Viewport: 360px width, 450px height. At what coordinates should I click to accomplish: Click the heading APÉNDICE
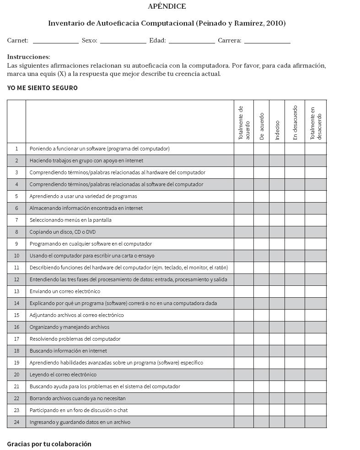click(x=167, y=6)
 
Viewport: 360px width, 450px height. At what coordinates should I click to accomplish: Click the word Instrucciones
click(x=28, y=57)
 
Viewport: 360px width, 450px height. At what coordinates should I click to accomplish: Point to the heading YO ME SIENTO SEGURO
click(x=42, y=88)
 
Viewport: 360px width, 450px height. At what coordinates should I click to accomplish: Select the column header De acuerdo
click(x=262, y=126)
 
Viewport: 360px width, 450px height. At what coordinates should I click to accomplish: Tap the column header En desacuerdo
click(x=295, y=123)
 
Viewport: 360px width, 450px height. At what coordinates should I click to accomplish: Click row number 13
click(x=16, y=291)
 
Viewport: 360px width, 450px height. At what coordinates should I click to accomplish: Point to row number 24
click(x=16, y=422)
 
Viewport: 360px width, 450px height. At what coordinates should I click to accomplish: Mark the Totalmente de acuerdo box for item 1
click(x=244, y=149)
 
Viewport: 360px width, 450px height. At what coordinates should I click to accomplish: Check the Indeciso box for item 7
click(x=277, y=220)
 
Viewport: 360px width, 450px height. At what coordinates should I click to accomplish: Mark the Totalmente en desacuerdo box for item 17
click(x=316, y=339)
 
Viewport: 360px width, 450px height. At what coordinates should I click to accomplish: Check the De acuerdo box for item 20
click(x=261, y=375)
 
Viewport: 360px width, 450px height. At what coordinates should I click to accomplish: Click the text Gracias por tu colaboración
click(x=49, y=444)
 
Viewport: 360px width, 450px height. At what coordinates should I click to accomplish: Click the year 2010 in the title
click(x=275, y=23)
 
